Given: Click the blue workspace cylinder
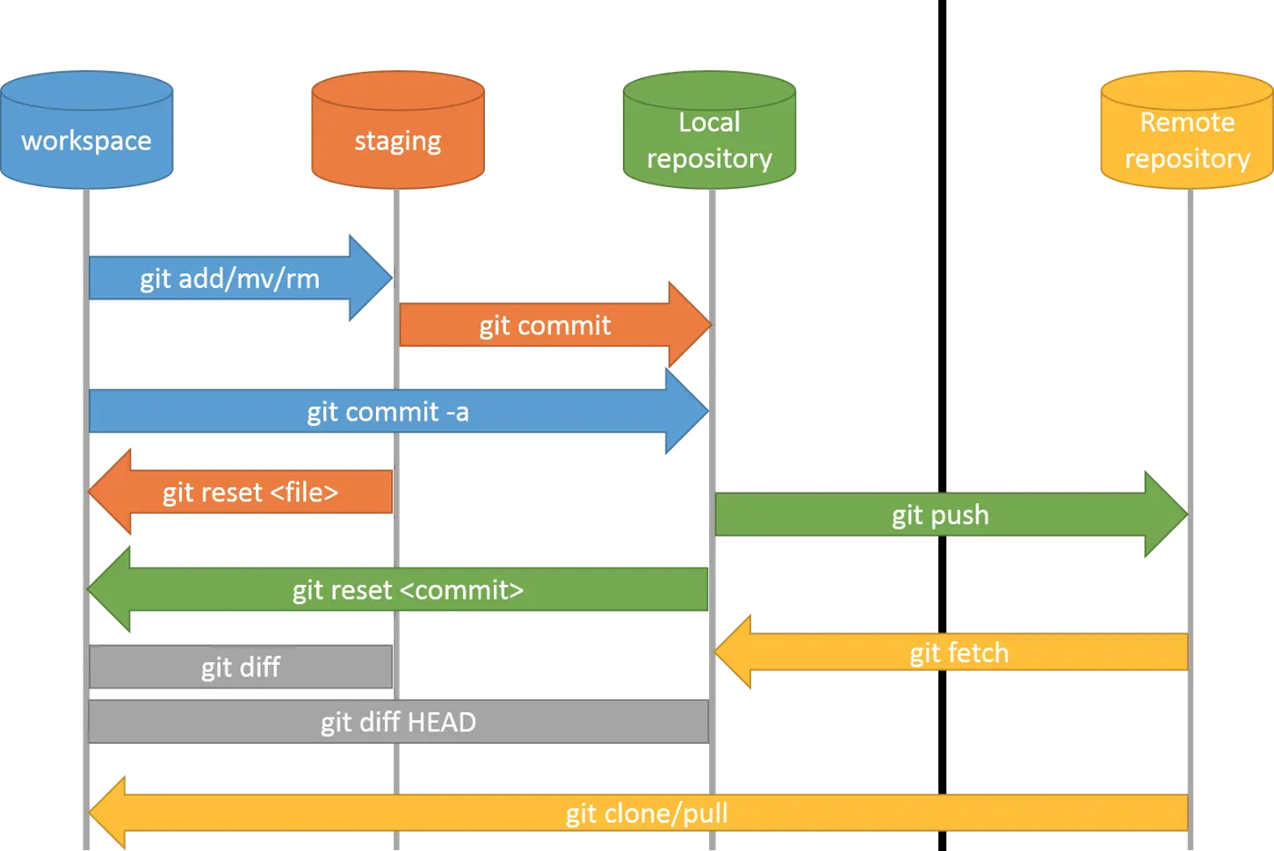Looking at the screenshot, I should (86, 132).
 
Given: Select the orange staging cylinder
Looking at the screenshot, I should (397, 132).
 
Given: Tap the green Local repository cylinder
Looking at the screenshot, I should (709, 132).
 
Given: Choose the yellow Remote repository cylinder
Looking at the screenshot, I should (1187, 132).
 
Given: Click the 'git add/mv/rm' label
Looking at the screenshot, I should (229, 278).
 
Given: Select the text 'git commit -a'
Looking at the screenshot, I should (387, 412).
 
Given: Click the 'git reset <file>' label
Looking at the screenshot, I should (250, 492).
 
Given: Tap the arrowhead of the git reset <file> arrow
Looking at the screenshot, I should (111, 492).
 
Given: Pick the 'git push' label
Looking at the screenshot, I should (940, 515).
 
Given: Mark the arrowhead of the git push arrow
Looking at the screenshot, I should (1164, 515).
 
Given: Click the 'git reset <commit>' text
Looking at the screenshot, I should (408, 589).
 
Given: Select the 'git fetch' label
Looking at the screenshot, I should (959, 653).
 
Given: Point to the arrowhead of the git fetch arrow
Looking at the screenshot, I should (735, 653).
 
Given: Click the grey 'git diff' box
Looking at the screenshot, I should (241, 667).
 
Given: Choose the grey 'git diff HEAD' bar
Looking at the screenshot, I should (398, 722).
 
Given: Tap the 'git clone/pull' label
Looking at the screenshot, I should (647, 813).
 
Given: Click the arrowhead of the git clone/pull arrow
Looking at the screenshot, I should (109, 813).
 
